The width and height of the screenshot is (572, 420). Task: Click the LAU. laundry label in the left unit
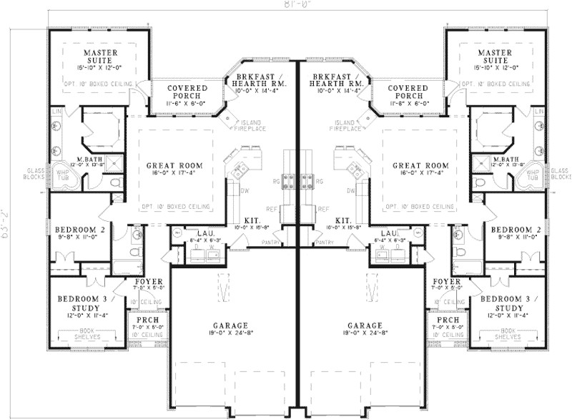coord(196,233)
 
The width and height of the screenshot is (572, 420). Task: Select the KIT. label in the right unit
coord(342,222)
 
